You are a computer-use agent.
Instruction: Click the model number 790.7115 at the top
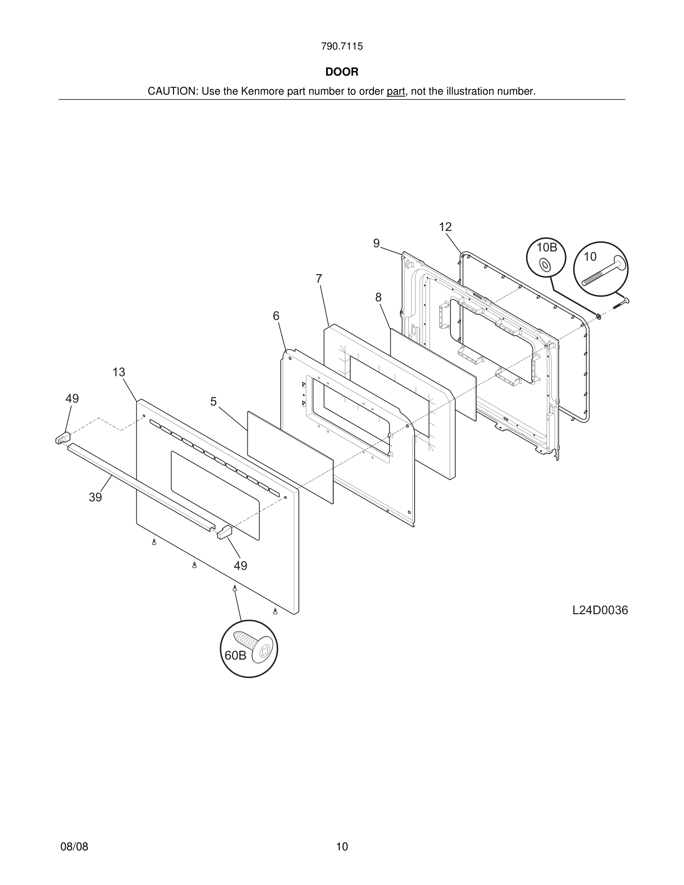pyautogui.click(x=342, y=47)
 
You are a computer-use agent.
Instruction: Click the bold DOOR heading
pyautogui.click(x=342, y=72)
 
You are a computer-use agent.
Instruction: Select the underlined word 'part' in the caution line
pyautogui.click(x=396, y=92)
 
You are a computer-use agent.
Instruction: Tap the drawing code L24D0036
pyautogui.click(x=600, y=610)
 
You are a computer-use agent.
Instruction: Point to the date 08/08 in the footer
pyautogui.click(x=74, y=847)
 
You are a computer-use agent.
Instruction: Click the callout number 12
pyautogui.click(x=445, y=227)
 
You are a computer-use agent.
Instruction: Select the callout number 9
pyautogui.click(x=376, y=244)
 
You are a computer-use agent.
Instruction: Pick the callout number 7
pyautogui.click(x=319, y=279)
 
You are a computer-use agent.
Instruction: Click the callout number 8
pyautogui.click(x=378, y=298)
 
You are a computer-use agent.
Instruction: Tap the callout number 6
pyautogui.click(x=276, y=316)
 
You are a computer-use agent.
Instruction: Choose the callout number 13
pyautogui.click(x=119, y=372)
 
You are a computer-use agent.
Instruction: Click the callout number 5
pyautogui.click(x=213, y=402)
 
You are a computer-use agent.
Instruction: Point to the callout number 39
pyautogui.click(x=95, y=498)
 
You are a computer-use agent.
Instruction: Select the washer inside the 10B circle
pyautogui.click(x=545, y=266)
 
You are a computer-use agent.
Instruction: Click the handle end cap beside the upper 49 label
pyautogui.click(x=63, y=438)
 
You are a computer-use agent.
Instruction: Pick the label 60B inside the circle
pyautogui.click(x=235, y=656)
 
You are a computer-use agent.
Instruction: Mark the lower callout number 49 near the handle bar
pyautogui.click(x=240, y=566)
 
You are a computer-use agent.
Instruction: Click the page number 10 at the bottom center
pyautogui.click(x=342, y=847)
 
